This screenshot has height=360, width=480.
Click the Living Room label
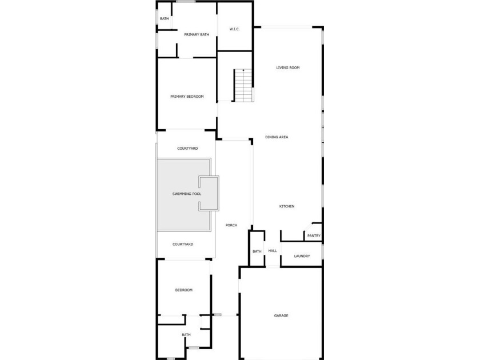pos(288,67)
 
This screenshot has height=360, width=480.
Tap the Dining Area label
pos(277,137)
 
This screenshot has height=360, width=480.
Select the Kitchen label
pos(287,206)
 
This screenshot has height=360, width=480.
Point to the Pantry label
pos(314,235)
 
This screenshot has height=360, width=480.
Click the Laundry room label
pos(302,256)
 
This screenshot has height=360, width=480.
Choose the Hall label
pos(273,251)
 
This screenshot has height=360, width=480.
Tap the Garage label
pos(281,315)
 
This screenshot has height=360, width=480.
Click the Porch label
pos(231,225)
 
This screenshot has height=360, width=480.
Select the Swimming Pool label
pos(187,194)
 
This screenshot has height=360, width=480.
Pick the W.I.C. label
pos(234,29)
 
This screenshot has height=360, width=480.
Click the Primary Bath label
pos(197,35)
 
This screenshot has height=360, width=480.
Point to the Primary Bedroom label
pos(187,97)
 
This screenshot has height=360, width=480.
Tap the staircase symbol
pos(243,85)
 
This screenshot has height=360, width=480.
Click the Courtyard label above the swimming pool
pos(187,149)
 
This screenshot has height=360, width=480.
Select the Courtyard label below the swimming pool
pos(183,245)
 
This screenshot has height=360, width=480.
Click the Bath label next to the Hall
pos(257,251)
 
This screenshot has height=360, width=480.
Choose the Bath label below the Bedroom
pos(186,335)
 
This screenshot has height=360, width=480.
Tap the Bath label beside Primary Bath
pos(165,19)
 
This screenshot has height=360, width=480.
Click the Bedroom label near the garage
pos(183,290)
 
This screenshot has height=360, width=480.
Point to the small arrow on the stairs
pos(243,70)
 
